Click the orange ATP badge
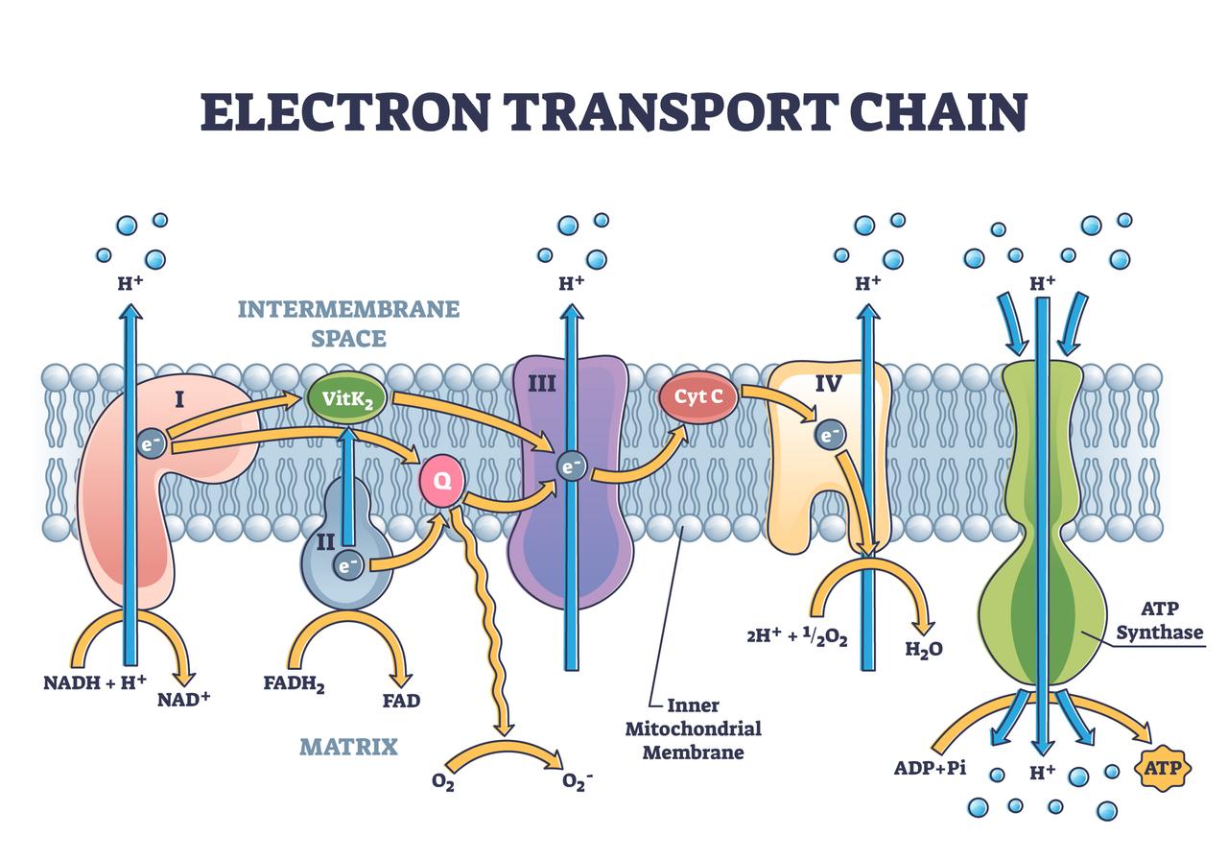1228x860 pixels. (1164, 768)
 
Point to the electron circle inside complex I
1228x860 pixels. (150, 443)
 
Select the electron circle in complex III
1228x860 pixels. (572, 466)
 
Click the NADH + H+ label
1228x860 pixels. (95, 682)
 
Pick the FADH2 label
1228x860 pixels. (294, 684)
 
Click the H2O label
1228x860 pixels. (924, 649)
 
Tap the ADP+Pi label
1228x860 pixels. (930, 768)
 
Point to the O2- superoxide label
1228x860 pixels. (577, 782)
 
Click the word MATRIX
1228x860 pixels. (348, 746)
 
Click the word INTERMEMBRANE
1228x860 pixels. (348, 309)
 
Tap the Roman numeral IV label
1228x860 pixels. (828, 385)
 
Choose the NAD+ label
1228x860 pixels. (183, 699)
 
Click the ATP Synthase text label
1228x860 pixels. (1169, 621)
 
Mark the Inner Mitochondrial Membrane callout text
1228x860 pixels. (693, 729)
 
